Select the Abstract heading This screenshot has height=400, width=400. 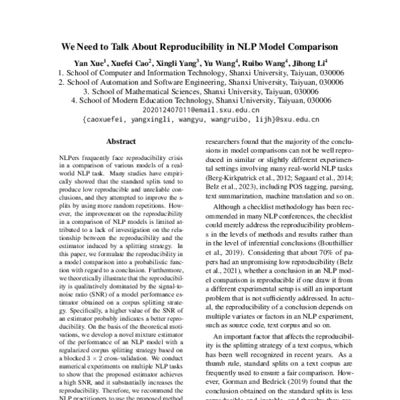coord(121,141)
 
